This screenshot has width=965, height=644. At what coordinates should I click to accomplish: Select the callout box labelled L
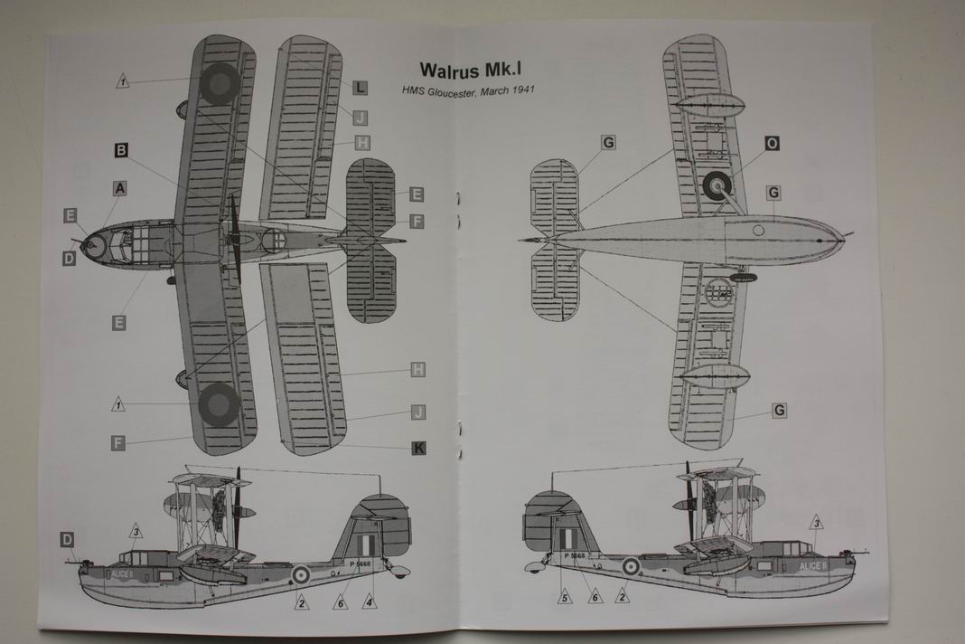tap(360, 87)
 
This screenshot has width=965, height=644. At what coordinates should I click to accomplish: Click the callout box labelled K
tap(418, 447)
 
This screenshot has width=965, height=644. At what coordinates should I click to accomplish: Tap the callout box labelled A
tap(119, 188)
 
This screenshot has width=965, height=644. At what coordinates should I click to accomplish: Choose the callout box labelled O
tap(773, 143)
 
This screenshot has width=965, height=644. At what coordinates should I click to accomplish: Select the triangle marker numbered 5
tap(565, 596)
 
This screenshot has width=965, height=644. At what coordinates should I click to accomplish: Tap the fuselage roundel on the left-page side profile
tap(299, 573)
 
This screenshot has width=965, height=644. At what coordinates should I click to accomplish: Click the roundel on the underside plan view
tap(717, 186)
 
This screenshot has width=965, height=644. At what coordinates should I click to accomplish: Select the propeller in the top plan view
tap(234, 239)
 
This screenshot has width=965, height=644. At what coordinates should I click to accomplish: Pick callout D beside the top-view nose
tap(69, 259)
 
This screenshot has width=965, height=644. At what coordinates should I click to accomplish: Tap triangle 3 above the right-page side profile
tap(815, 522)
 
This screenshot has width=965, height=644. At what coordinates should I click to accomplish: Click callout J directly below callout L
tap(360, 118)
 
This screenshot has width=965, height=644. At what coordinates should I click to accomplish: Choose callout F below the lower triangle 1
tap(118, 441)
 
